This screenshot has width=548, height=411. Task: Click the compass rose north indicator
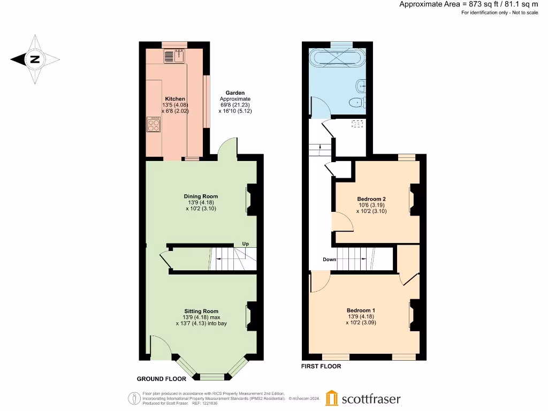point(35,59)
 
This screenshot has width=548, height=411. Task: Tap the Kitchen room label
point(175,99)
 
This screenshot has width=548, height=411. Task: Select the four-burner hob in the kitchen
point(154,125)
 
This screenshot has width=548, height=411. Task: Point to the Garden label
point(235,93)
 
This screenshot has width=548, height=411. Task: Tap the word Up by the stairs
point(246,243)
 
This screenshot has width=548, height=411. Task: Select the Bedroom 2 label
point(371,199)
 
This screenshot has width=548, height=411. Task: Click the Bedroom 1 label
point(361,310)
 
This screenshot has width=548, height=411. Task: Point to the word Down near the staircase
point(329,260)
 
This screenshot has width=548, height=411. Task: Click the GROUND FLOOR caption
point(162,379)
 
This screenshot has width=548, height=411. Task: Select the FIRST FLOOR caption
point(321,367)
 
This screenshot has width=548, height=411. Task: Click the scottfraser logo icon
point(332,398)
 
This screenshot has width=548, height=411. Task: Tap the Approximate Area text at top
point(469,4)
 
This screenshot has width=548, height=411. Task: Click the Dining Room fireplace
point(250,199)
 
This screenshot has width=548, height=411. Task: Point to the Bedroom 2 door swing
point(339,221)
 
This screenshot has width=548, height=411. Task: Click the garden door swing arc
point(227,146)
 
